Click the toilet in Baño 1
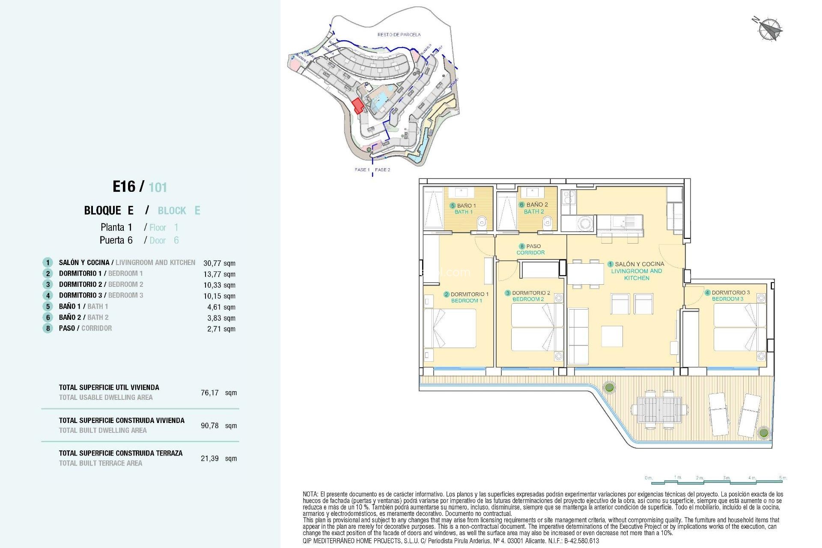point(482,222)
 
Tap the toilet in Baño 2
point(547,222)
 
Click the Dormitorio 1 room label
point(467,297)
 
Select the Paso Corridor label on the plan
point(530,249)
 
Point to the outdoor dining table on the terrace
point(659,410)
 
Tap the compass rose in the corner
point(769,29)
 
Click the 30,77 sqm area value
point(219,263)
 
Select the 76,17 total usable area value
point(210,393)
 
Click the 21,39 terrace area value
point(210,459)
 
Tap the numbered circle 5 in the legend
point(48,307)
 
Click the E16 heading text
point(124,187)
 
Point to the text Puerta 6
point(116,240)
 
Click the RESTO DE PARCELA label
point(399,34)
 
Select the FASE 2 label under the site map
point(382,170)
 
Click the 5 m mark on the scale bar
point(783,478)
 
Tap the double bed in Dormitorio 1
point(450,328)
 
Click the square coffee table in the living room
point(612,336)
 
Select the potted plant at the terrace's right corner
point(763,432)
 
